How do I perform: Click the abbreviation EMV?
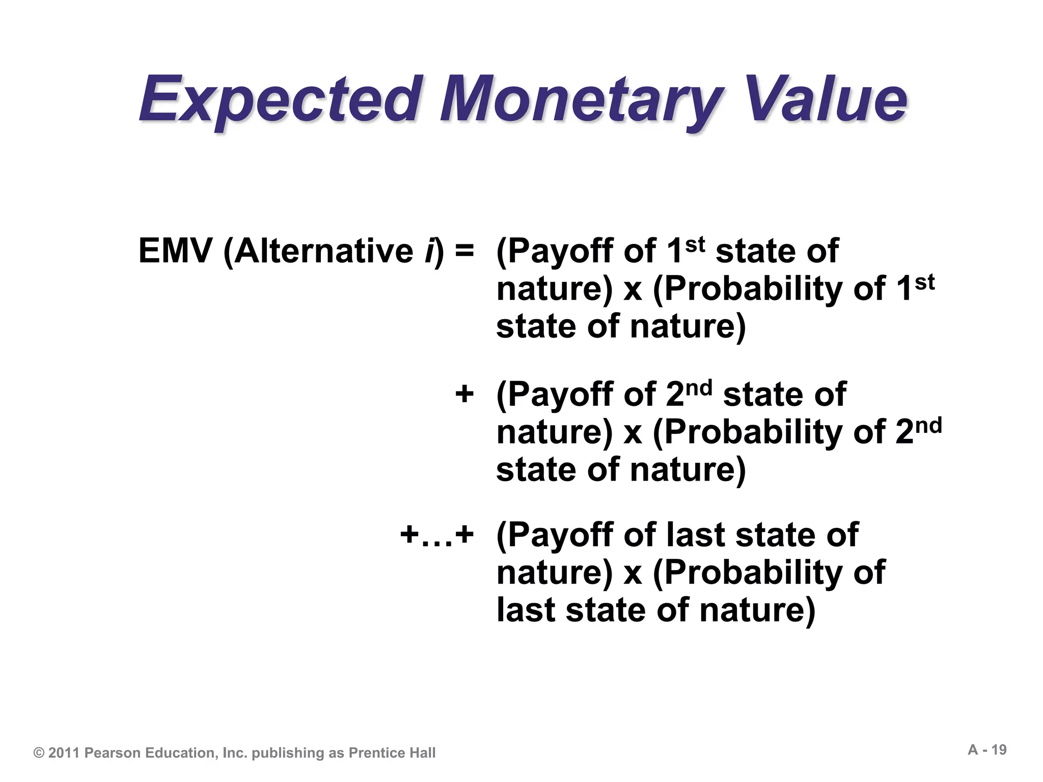coord(175,251)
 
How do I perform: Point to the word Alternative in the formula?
coord(324,251)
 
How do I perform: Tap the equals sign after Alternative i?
coord(464,251)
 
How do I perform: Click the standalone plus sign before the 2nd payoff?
coord(464,394)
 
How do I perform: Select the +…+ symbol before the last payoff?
coord(436,535)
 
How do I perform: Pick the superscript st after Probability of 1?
coord(924,282)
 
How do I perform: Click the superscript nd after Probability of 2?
coord(928,426)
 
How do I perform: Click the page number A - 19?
coord(987,750)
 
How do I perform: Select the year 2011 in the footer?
coord(64,753)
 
